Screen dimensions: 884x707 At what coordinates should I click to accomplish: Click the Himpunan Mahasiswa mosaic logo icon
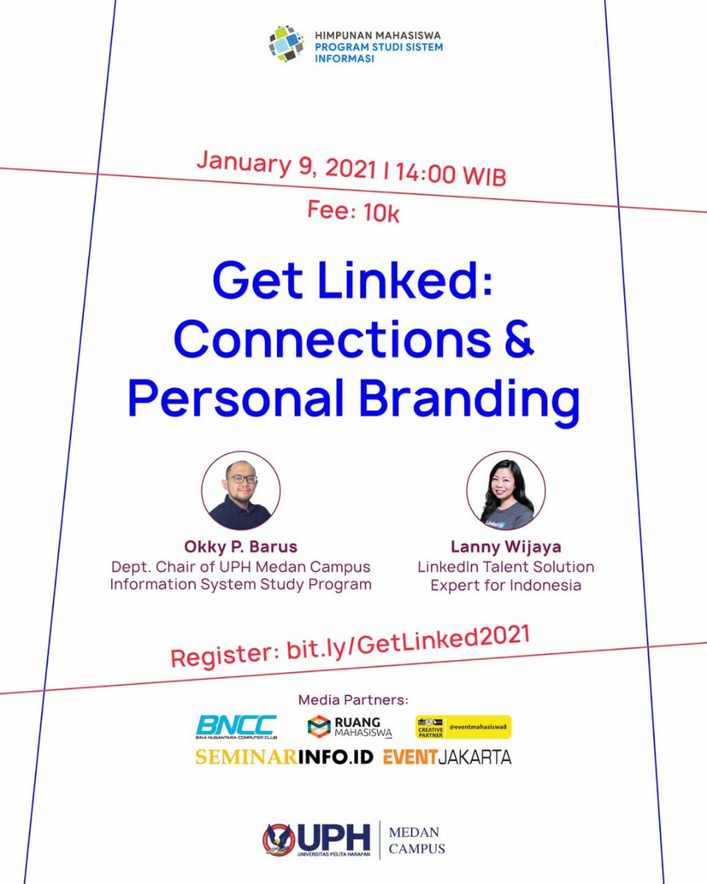pos(286,43)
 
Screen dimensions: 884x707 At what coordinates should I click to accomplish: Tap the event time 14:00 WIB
pos(450,176)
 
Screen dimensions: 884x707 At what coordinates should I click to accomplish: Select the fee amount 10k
pos(381,214)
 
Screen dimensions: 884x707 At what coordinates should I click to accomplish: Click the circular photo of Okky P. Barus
pos(241,491)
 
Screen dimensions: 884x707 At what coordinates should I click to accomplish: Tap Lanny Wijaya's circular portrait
pos(506,491)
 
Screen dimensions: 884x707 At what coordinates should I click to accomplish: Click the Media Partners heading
pos(353,699)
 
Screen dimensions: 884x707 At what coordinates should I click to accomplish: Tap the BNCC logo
pos(236,727)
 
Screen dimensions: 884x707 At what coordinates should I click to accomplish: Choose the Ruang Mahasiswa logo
pos(350,727)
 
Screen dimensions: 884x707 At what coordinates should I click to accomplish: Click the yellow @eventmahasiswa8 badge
pos(463,727)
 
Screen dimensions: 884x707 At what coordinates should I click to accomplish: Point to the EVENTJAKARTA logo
pos(447,757)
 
